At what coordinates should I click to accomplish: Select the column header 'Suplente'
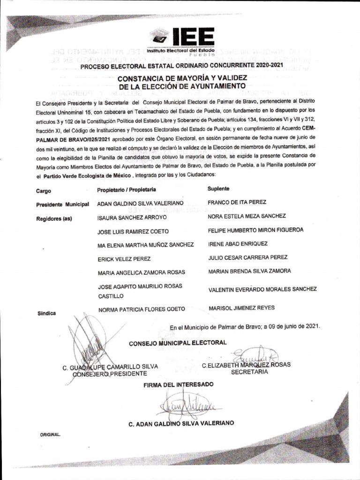pyautogui.click(x=218, y=188)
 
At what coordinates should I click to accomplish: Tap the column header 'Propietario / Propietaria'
pyautogui.click(x=126, y=190)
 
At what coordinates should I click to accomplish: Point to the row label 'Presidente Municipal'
pyautogui.click(x=62, y=205)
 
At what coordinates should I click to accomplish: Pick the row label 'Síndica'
pyautogui.click(x=47, y=313)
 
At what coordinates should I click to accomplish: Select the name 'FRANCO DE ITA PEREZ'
pyautogui.click(x=237, y=202)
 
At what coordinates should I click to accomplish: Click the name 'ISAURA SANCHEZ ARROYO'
pyautogui.click(x=132, y=218)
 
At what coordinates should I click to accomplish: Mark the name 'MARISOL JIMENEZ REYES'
pyautogui.click(x=241, y=308)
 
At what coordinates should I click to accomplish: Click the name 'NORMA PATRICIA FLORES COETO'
pyautogui.click(x=141, y=309)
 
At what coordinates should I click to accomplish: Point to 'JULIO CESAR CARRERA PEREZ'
pyautogui.click(x=247, y=257)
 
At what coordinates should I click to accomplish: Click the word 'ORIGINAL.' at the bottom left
pyautogui.click(x=50, y=435)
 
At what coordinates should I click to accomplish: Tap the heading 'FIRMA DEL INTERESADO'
pyautogui.click(x=179, y=384)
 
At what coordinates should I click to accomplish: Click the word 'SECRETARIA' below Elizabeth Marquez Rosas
pyautogui.click(x=249, y=372)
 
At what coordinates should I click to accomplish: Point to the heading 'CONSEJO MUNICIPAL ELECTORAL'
pyautogui.click(x=178, y=343)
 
